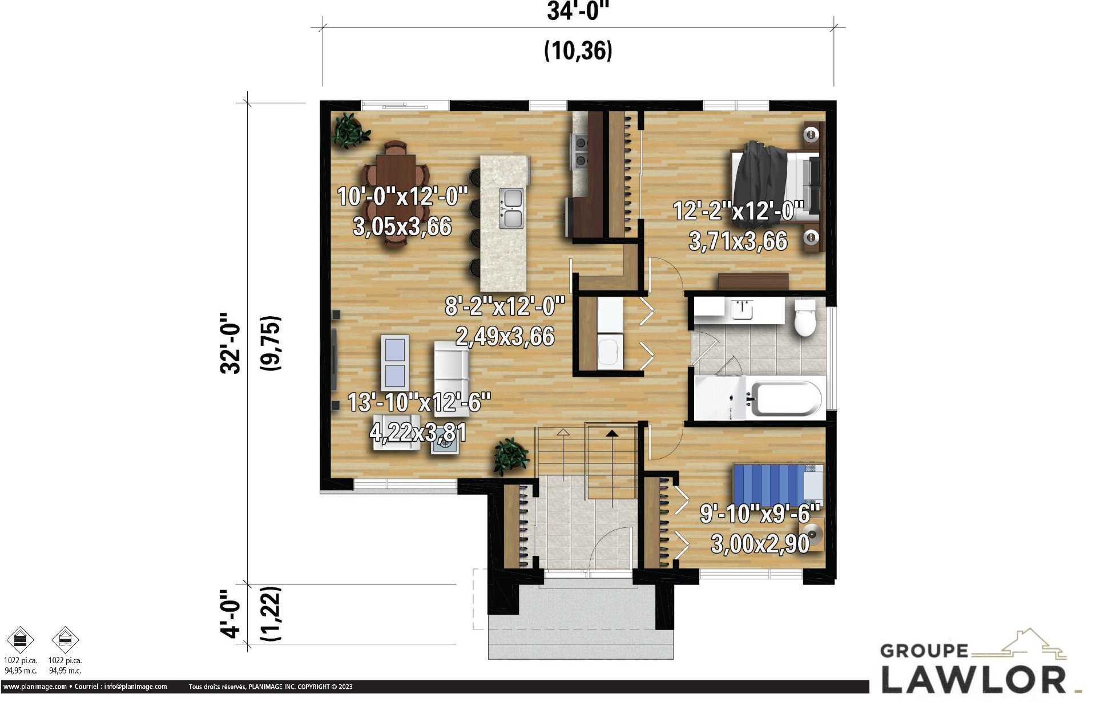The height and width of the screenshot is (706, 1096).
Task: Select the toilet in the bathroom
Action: click(x=805, y=318)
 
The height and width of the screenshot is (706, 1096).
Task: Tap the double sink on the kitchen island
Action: click(x=511, y=208)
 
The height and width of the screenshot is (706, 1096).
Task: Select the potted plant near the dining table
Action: click(x=349, y=131)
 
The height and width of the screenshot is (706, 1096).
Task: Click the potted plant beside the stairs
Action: click(x=511, y=456)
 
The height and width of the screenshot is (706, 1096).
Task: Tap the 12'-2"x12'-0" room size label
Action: click(x=738, y=211)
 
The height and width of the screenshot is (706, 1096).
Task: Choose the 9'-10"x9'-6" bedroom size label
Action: click(x=760, y=514)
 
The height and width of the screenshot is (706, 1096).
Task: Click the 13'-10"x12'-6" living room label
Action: click(x=419, y=402)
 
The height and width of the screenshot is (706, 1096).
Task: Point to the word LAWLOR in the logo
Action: click(x=973, y=679)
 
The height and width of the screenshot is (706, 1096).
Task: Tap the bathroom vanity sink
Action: click(x=742, y=310)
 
